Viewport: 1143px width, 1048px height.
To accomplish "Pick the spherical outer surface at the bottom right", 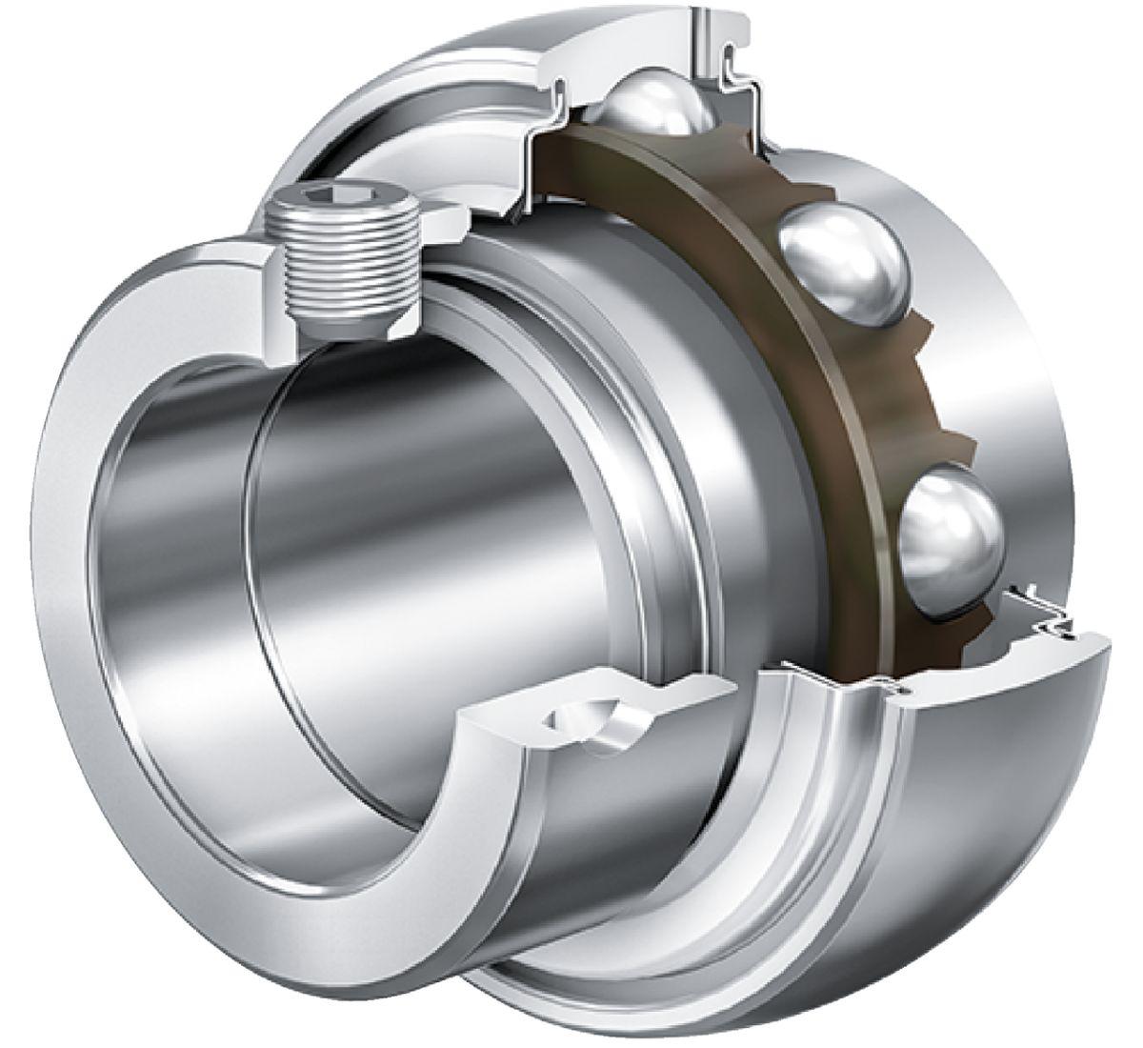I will click(1000, 810).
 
